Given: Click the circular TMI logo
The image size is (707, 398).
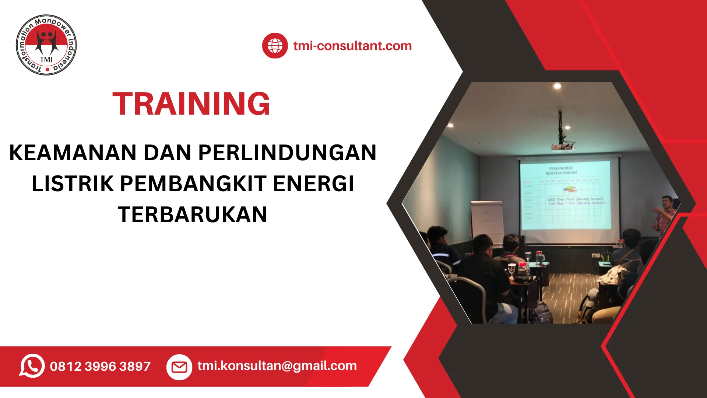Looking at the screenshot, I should [46, 45].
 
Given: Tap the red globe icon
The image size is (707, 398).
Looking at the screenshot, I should [275, 46].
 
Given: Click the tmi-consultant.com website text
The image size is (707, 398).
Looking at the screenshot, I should [352, 46].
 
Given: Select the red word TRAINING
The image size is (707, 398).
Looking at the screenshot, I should [191, 104].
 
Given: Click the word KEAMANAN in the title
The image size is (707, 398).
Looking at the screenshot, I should [73, 153].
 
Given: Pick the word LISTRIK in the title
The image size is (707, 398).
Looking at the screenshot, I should [73, 184].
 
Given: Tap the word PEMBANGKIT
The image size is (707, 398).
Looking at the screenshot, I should [193, 184].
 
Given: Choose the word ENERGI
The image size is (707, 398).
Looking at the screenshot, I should [313, 184].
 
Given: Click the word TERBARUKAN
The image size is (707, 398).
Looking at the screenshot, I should [193, 214].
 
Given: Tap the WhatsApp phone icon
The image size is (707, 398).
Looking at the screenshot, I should [32, 366].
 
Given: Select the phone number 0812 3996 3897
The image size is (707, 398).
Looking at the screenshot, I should [100, 366].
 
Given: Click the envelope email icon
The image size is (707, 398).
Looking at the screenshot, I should [179, 367].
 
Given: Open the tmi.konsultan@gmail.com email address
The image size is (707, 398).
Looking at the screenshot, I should [277, 366].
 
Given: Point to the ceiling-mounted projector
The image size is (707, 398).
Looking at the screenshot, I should [562, 146].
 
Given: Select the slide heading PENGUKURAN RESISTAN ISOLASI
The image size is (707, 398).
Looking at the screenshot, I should [561, 170].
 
